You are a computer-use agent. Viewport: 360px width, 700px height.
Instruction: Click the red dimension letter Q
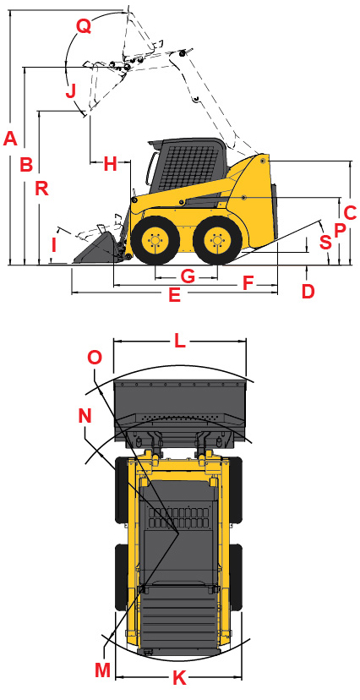pyautogui.click(x=83, y=26)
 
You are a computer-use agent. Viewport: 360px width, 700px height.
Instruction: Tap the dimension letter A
pyautogui.click(x=10, y=139)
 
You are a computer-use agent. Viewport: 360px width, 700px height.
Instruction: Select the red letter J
pyautogui.click(x=71, y=90)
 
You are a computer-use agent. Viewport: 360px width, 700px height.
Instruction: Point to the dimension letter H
pyautogui.click(x=110, y=165)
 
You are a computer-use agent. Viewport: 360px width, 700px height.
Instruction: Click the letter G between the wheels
pyautogui.click(x=188, y=276)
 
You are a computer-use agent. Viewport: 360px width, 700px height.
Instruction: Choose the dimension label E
pyautogui.click(x=174, y=295)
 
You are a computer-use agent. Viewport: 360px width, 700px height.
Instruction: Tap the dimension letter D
pyautogui.click(x=308, y=291)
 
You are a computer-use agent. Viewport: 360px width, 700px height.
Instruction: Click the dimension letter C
pyautogui.click(x=349, y=213)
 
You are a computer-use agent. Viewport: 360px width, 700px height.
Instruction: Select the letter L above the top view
pyautogui.click(x=179, y=341)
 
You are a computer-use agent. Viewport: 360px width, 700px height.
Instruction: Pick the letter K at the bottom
pyautogui.click(x=178, y=677)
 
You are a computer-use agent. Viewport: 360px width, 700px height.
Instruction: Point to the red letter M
pyautogui.click(x=103, y=670)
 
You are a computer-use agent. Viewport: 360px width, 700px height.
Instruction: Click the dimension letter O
pyautogui.click(x=95, y=358)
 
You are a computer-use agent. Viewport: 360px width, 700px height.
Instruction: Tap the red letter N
pyautogui.click(x=85, y=415)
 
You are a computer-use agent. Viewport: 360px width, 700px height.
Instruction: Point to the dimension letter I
pyautogui.click(x=54, y=246)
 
